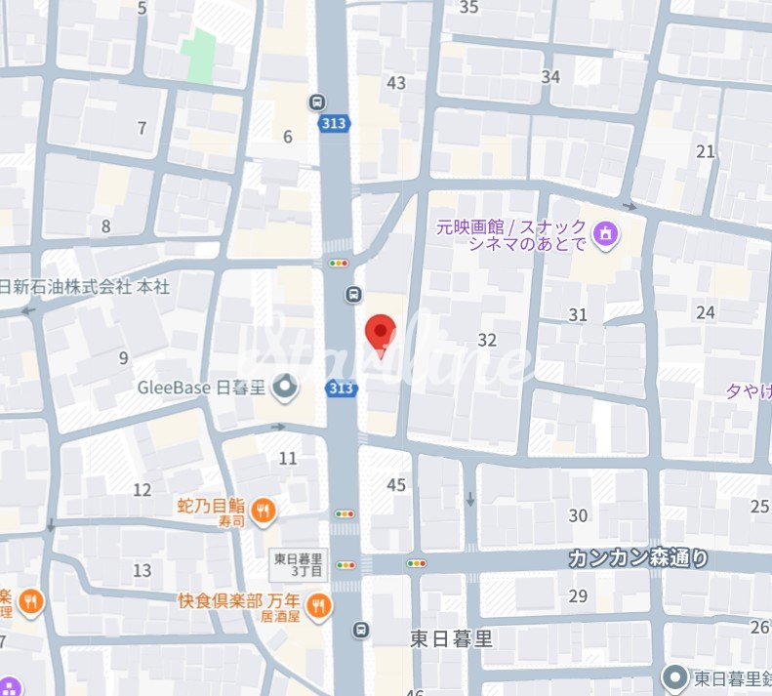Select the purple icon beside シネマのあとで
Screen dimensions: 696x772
[x=608, y=234]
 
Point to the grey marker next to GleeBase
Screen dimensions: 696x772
[x=285, y=389]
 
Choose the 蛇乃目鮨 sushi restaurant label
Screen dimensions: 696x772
[x=211, y=506]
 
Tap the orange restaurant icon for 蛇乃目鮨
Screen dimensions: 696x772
[x=264, y=509]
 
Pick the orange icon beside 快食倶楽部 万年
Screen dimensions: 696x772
[x=317, y=608]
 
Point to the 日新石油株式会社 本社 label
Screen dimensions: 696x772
[x=83, y=287]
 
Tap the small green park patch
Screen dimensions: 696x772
[x=199, y=56]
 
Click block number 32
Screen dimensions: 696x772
[x=488, y=340]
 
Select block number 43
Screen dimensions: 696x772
[x=396, y=83]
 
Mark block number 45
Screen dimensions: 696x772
[x=396, y=485]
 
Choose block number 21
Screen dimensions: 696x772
[x=706, y=151]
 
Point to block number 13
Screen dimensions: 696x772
[x=142, y=570]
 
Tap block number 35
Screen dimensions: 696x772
[x=469, y=8]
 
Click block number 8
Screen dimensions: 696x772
[x=106, y=226]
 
